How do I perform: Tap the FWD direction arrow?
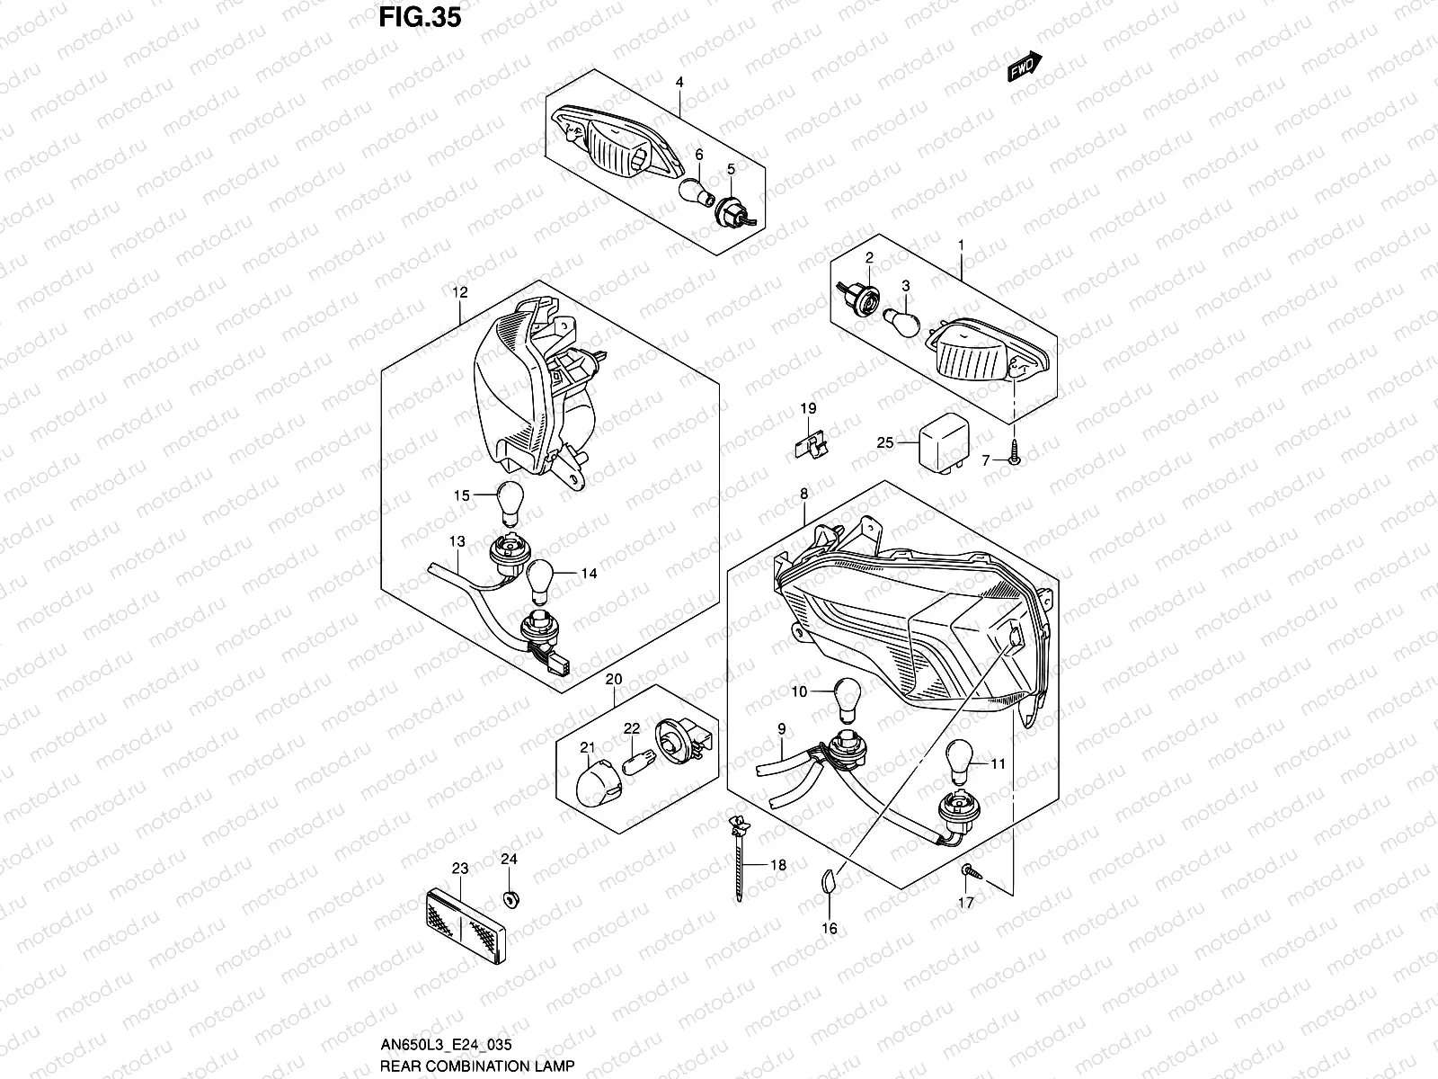(x=1025, y=68)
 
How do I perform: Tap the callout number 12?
(x=460, y=292)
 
